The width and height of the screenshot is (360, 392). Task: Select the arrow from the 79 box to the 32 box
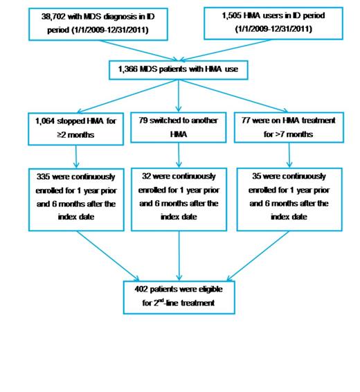point(179,154)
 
